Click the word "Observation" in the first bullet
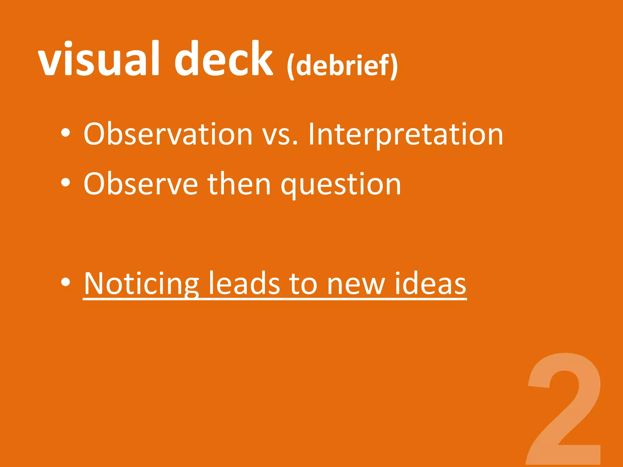168,134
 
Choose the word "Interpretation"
406,134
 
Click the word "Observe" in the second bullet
141,184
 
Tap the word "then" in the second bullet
239,184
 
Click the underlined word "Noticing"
141,284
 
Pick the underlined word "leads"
244,284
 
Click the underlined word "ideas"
430,284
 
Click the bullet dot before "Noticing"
65,282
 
